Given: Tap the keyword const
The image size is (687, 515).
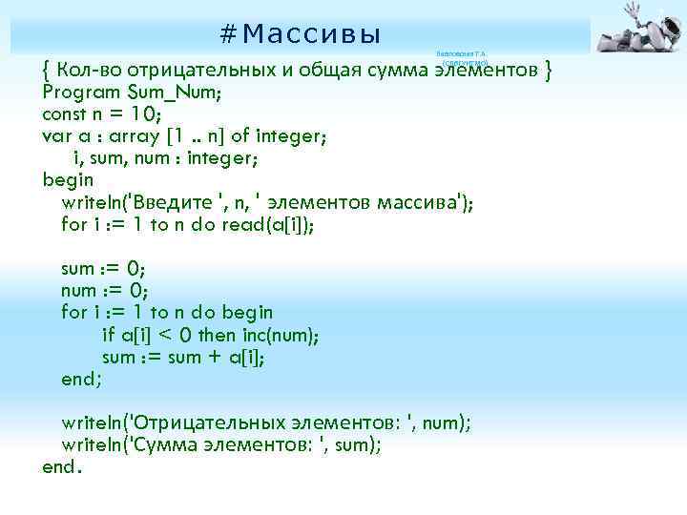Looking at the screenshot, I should (65, 114).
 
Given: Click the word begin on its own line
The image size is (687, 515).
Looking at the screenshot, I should (68, 180).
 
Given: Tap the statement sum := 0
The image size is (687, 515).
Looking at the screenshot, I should (103, 268).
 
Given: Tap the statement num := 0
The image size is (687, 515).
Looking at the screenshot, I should (103, 290).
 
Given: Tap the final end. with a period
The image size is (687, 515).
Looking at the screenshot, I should (62, 466).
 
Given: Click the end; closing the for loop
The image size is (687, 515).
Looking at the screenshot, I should (81, 379).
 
